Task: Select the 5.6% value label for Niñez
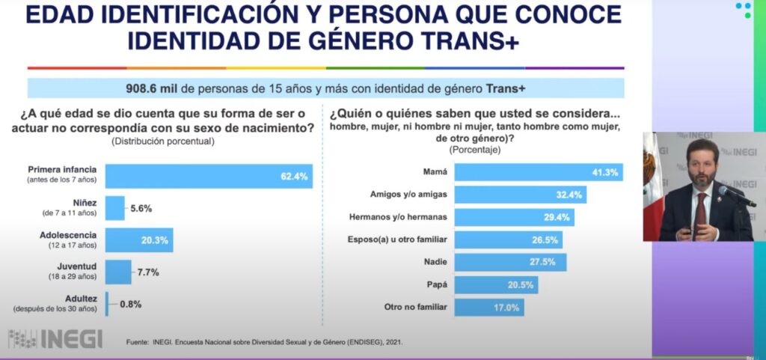143,209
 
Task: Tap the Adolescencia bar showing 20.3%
139,241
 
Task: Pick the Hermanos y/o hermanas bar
515,218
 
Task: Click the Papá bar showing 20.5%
496,285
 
